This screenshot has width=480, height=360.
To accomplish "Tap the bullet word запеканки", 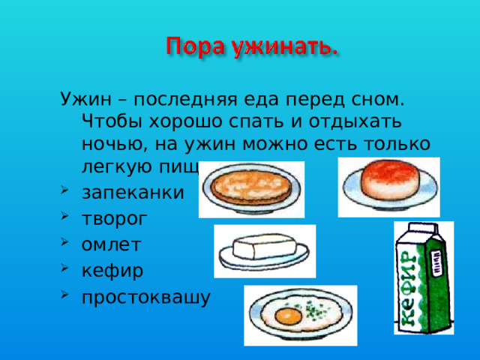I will (131, 193).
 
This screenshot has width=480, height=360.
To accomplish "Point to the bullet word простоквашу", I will (146, 297).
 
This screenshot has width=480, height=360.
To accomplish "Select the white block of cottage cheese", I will (259, 247).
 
